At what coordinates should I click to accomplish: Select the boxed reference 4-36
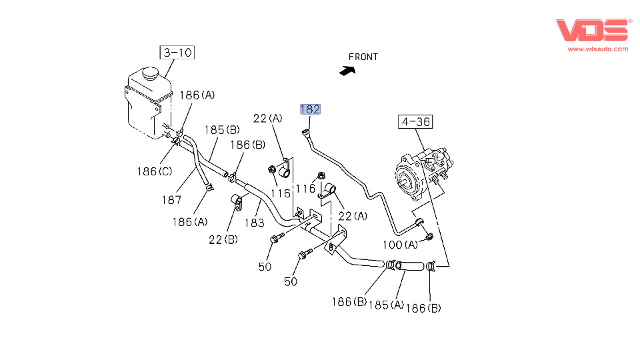pos(415,122)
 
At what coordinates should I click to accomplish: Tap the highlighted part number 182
pos(310,109)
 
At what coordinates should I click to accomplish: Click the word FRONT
pos(363,57)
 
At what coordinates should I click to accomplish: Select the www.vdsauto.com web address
pos(598,49)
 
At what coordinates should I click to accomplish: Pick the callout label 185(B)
pos(222,129)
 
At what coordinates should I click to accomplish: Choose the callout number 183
pos(255,222)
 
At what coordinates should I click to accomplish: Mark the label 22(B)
pos(224,238)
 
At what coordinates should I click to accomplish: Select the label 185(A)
pos(387,305)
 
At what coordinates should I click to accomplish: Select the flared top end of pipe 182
pos(305,132)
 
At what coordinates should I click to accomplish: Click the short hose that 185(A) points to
pos(408,267)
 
